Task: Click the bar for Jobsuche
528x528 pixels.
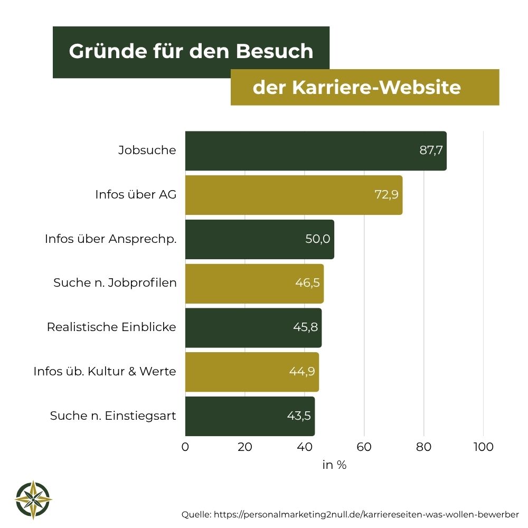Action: pyautogui.click(x=315, y=151)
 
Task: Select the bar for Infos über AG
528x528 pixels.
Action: pyautogui.click(x=294, y=195)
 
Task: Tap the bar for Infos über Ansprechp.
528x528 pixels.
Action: pyautogui.click(x=259, y=239)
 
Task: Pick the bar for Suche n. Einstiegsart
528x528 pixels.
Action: pyautogui.click(x=250, y=416)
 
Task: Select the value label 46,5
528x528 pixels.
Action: pyautogui.click(x=307, y=283)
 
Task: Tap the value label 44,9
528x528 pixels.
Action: pyautogui.click(x=302, y=371)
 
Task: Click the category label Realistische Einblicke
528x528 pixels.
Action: pyautogui.click(x=111, y=327)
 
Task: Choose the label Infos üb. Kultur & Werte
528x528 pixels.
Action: pyautogui.click(x=105, y=371)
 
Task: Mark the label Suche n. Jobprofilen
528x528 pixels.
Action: pyautogui.click(x=115, y=283)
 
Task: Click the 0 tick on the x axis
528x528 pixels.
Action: pyautogui.click(x=185, y=447)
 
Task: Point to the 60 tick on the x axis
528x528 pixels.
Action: pyautogui.click(x=364, y=447)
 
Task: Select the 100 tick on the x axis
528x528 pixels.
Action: pyautogui.click(x=483, y=447)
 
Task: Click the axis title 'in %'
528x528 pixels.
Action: pyautogui.click(x=334, y=465)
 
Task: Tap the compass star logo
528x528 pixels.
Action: pyautogui.click(x=34, y=499)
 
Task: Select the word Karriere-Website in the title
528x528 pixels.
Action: pyautogui.click(x=376, y=87)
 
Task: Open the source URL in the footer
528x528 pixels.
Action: pyautogui.click(x=366, y=514)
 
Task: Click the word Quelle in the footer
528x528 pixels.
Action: pyautogui.click(x=196, y=514)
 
